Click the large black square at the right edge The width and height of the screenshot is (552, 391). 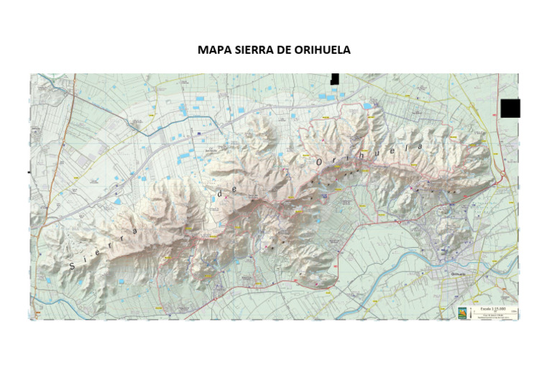[510, 109]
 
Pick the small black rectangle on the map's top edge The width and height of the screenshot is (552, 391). [334, 78]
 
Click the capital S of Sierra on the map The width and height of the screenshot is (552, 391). [71, 266]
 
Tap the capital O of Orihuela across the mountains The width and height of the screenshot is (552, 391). [320, 164]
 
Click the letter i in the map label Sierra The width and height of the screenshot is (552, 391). [89, 255]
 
